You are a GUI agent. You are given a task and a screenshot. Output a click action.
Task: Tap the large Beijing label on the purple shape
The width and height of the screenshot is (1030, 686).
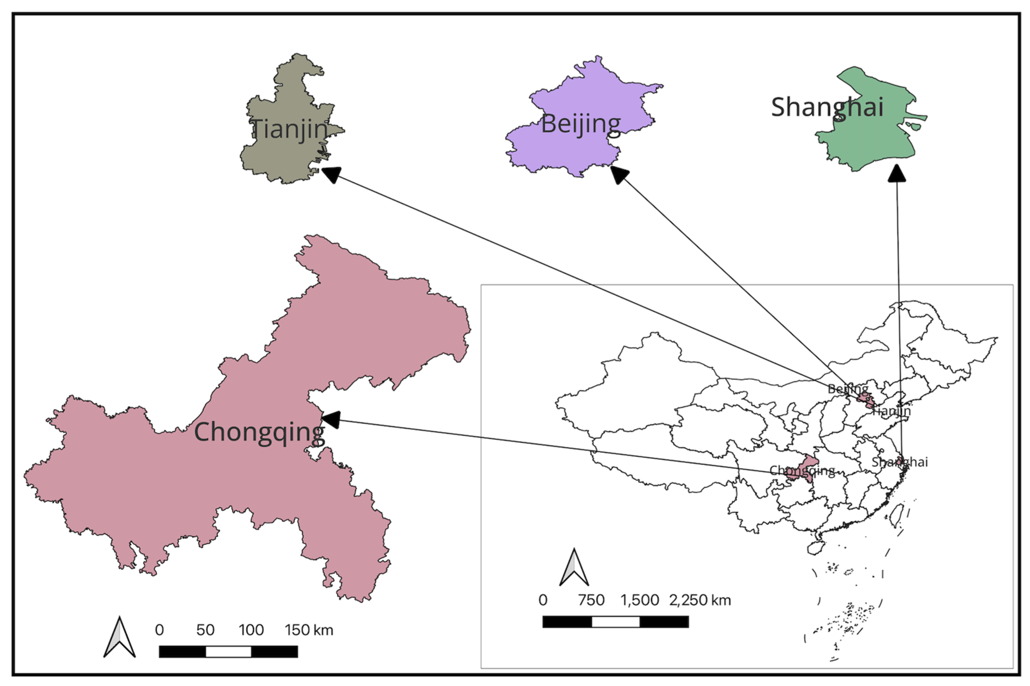[581, 124]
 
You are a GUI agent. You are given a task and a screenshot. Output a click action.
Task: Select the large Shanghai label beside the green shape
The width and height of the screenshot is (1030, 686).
[827, 107]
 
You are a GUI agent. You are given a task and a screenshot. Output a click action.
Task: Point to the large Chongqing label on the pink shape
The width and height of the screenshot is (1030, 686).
[259, 432]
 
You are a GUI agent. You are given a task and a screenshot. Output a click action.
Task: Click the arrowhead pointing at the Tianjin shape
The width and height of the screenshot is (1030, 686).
[331, 174]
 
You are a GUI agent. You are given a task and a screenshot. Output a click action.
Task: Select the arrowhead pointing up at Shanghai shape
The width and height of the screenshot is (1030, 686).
[897, 173]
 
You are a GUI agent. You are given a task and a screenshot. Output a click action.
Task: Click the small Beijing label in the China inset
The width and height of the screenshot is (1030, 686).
[847, 388]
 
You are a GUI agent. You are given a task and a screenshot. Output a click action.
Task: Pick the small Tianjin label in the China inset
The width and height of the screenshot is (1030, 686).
[891, 411]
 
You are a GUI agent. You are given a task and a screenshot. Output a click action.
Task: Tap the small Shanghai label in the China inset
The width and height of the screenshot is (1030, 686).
[899, 462]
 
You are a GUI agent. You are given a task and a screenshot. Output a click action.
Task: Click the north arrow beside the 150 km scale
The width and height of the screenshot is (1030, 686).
[119, 637]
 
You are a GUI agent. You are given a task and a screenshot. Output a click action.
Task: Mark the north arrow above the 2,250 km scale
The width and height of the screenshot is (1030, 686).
[574, 568]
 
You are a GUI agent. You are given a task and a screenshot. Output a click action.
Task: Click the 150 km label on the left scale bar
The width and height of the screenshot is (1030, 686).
[309, 630]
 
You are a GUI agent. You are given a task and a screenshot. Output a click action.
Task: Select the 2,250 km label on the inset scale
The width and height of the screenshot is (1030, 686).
[700, 600]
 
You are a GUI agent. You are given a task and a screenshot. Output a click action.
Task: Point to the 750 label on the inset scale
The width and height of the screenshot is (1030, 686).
[591, 600]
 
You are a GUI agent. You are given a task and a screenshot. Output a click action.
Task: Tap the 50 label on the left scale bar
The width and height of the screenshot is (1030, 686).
[205, 630]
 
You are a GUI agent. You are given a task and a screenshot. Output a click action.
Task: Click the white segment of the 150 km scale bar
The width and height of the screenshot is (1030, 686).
[228, 651]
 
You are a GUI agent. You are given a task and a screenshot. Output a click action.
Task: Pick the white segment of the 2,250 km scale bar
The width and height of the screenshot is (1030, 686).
[615, 622]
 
